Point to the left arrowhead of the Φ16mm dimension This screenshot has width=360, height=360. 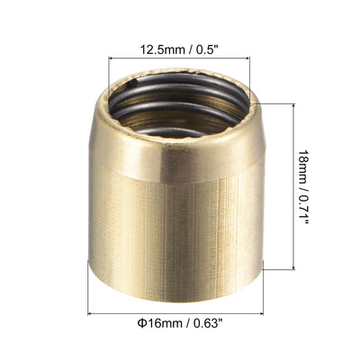coord(90,313)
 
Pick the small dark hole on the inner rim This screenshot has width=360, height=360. coord(132,85)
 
